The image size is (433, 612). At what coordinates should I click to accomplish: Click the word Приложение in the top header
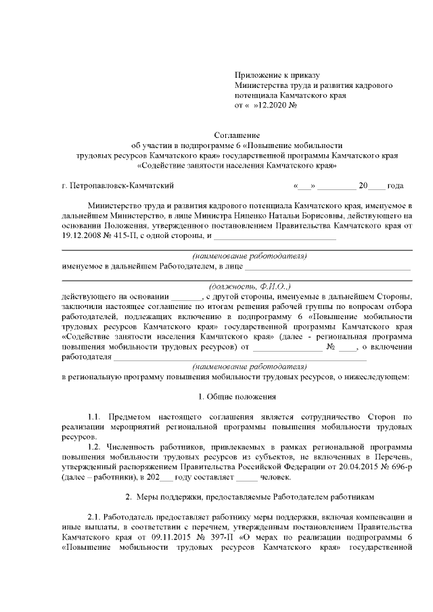[x=258, y=76]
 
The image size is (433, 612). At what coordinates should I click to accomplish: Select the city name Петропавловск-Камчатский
[x=122, y=185]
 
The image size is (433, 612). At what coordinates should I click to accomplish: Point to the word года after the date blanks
[x=396, y=185]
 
